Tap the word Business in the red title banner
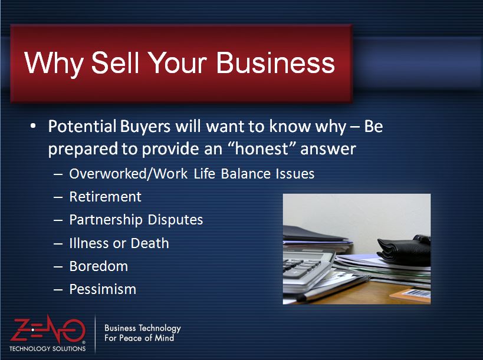tap(275, 62)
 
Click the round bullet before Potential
tap(33, 127)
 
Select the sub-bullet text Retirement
tap(106, 197)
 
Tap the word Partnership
tap(106, 220)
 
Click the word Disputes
tap(175, 220)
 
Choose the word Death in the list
tap(150, 243)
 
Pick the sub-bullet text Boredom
tap(98, 266)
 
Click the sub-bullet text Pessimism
tap(103, 289)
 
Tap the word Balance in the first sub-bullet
tap(246, 174)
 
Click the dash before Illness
tap(58, 244)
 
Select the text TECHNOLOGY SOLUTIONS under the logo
tap(47, 349)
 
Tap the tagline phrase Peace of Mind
tap(147, 338)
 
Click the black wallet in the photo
tap(404, 250)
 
